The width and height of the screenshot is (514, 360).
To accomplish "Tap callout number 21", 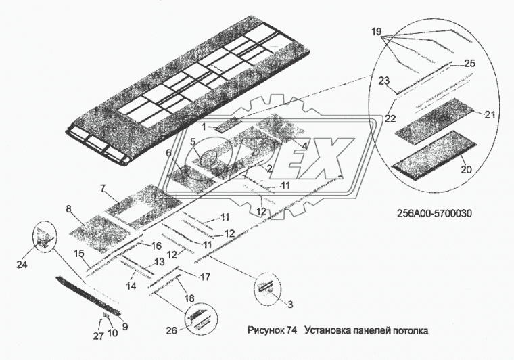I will (x=489, y=114).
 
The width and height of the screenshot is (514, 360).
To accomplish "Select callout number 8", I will (x=70, y=210).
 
